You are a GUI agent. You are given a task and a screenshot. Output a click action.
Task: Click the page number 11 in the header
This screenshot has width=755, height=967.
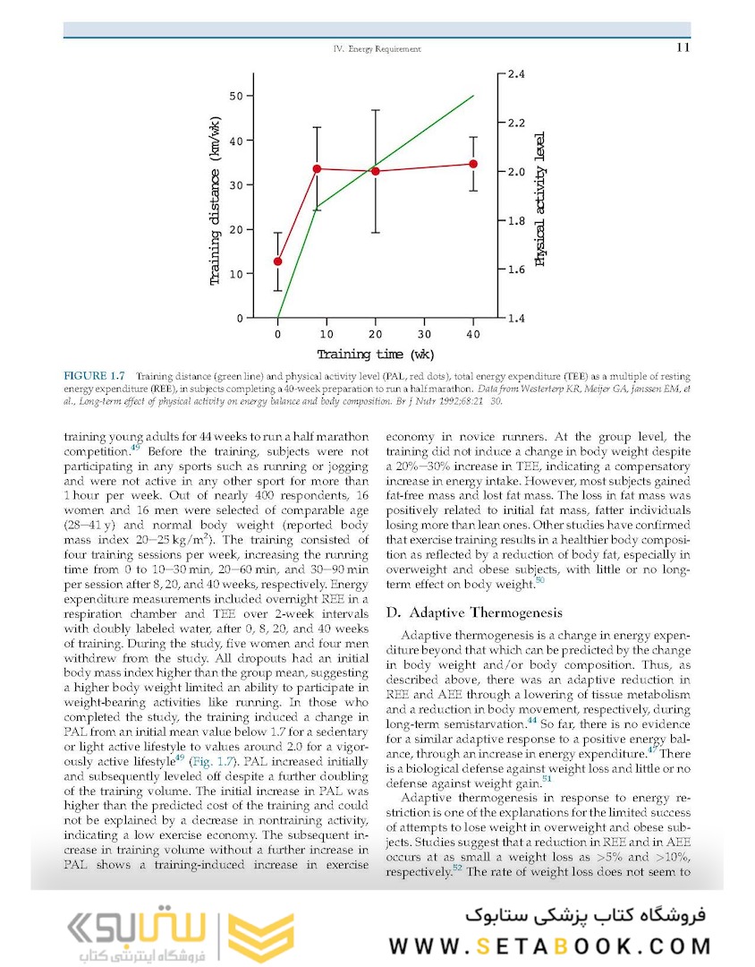pos(683,48)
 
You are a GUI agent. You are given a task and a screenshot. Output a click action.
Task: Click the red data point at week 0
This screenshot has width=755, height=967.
pos(278,261)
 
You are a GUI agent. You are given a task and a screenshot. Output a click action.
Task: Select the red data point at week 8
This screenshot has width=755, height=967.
pos(318,168)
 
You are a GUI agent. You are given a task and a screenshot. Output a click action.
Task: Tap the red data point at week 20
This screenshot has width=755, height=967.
pos(376,171)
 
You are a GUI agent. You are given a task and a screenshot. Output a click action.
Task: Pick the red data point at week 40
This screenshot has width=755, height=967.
pos(473,164)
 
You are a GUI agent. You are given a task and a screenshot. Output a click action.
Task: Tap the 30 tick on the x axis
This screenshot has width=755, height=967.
pos(425,335)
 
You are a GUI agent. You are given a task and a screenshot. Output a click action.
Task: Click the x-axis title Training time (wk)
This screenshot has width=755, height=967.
pos(376,355)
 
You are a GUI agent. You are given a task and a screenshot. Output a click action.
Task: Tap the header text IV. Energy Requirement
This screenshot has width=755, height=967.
pos(377,49)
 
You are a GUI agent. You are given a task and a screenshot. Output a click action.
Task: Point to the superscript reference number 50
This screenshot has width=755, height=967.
pos(539,581)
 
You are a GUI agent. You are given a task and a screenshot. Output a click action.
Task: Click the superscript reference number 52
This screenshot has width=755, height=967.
pos(457,867)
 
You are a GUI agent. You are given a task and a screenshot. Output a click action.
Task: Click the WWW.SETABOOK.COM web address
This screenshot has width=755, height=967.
pos(551,946)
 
